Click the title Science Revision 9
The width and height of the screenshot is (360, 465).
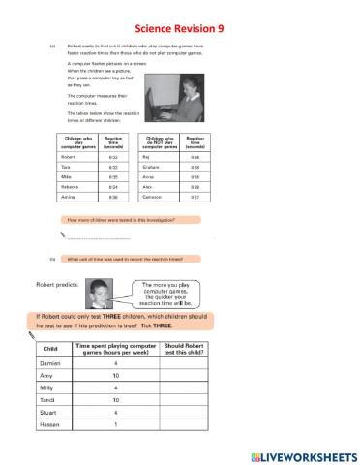(x=180, y=29)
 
